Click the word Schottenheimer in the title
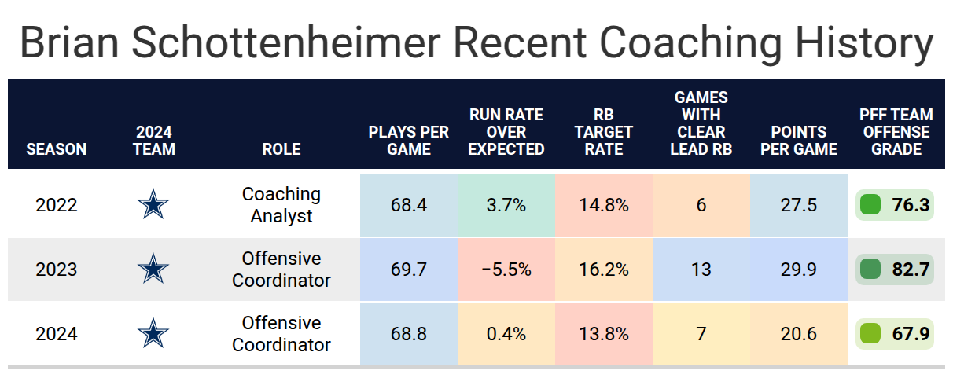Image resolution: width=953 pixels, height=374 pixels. [x=286, y=43]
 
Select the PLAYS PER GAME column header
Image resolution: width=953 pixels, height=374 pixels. [x=408, y=141]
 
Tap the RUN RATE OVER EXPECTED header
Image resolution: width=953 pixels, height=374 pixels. [x=506, y=132]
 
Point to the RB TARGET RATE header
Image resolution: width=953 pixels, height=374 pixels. [x=604, y=132]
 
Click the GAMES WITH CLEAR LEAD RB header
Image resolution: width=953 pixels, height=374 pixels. [x=701, y=123]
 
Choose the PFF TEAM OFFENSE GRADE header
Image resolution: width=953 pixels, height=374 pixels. [x=896, y=132]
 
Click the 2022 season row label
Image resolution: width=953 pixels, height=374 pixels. [x=57, y=205]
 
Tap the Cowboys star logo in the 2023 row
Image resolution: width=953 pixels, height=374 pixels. [x=153, y=269]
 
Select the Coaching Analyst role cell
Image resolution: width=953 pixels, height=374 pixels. [x=281, y=205]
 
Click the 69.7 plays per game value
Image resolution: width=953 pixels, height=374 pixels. [x=408, y=269]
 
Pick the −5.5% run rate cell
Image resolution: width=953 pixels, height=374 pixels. [x=506, y=269]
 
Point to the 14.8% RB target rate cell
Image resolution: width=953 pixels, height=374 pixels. [x=604, y=205]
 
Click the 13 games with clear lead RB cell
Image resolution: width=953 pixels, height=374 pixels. [x=701, y=269]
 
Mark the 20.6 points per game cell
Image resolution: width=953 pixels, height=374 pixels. [x=799, y=334]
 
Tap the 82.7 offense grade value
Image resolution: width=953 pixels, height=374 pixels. [x=911, y=269]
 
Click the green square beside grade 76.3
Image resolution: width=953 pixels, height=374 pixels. [x=870, y=205]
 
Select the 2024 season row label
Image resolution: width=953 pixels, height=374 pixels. [x=57, y=334]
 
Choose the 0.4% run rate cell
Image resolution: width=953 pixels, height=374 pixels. [x=506, y=334]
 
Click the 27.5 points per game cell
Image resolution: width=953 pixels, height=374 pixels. [x=799, y=205]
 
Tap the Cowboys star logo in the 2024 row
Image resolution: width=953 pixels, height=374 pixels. [x=153, y=333]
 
